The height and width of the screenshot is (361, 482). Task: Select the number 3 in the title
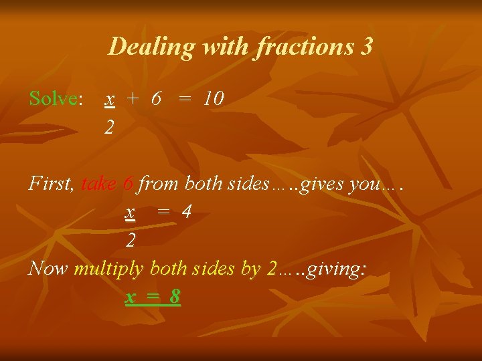coord(366,46)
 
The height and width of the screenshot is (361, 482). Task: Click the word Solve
coord(54,99)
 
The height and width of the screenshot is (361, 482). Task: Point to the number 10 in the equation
coord(214,99)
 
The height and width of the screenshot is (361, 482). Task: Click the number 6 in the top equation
coord(156,99)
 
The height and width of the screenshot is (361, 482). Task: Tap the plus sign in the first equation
coord(133,99)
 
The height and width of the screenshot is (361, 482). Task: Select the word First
coord(50,184)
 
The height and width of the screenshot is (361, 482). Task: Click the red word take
coord(99,184)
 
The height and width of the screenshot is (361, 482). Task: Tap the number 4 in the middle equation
coord(187,212)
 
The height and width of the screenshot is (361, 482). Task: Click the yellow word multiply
coord(108,269)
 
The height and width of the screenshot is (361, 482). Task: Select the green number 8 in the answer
coord(175,295)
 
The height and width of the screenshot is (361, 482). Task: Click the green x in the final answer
coord(130,295)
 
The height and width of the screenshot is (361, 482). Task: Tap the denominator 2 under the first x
coord(108,126)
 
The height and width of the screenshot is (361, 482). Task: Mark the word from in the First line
coord(159,184)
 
